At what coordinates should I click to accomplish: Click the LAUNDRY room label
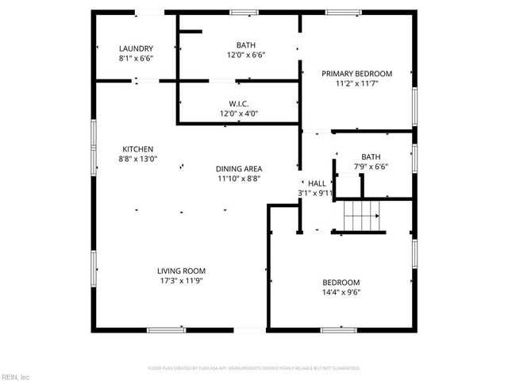[136, 48]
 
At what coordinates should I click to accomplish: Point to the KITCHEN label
[137, 148]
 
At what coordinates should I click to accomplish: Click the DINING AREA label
[240, 168]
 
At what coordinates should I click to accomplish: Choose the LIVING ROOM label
[182, 271]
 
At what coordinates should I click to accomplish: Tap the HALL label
[317, 183]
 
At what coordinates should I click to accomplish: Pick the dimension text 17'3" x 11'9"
[182, 280]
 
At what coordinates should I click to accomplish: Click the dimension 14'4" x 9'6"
[341, 292]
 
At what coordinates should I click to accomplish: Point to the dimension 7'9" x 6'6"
[371, 167]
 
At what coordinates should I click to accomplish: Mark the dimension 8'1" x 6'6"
[136, 58]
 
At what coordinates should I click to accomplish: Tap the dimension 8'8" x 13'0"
[137, 159]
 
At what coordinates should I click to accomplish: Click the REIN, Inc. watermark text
[15, 376]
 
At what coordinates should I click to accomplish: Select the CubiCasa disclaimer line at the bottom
[254, 368]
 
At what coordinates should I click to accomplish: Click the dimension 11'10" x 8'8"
[240, 179]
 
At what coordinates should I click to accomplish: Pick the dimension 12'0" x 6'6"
[246, 55]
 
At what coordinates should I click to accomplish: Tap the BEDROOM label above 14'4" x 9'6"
[341, 283]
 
